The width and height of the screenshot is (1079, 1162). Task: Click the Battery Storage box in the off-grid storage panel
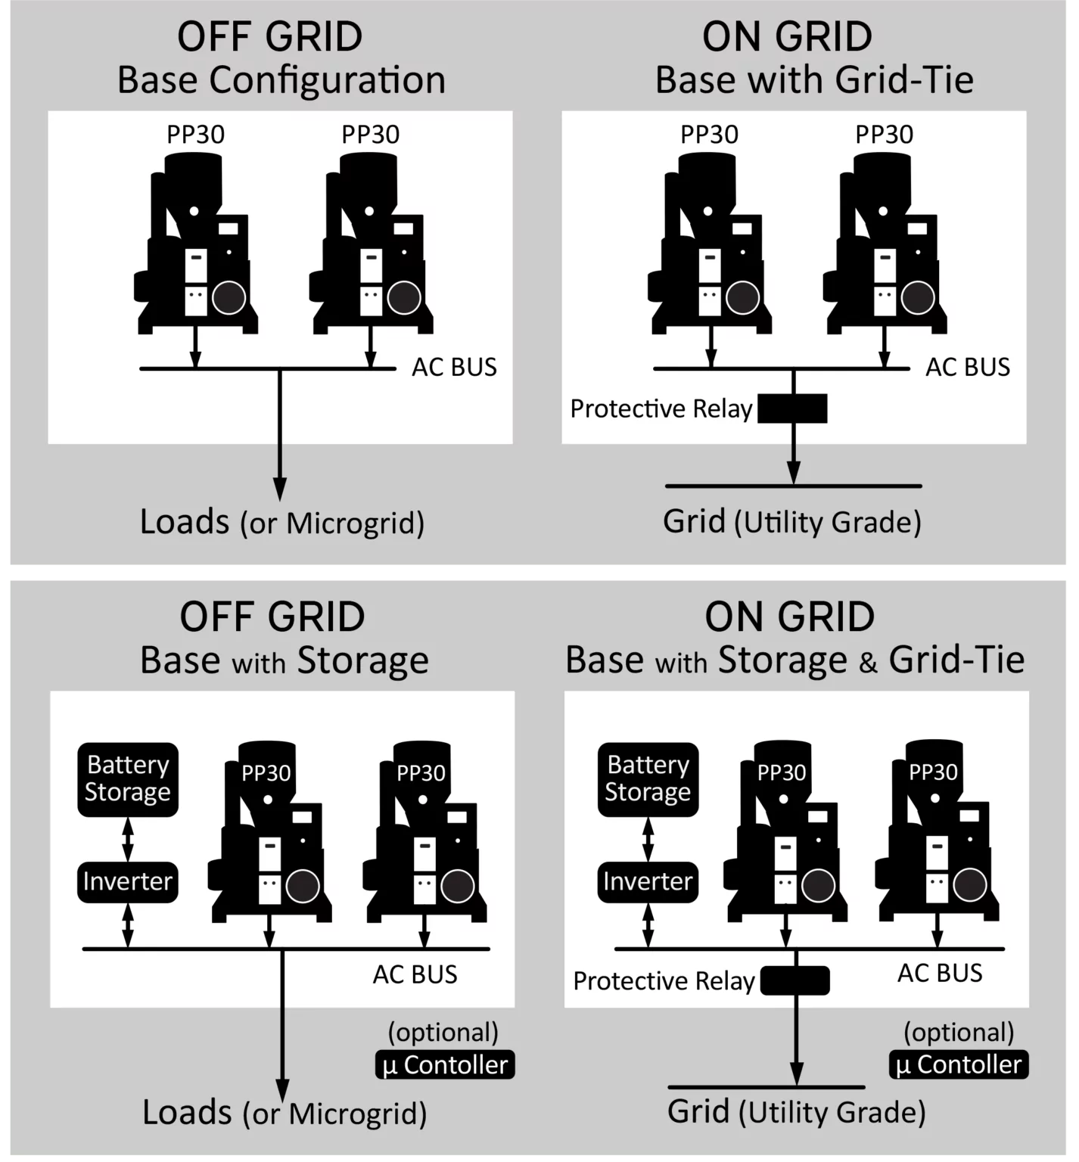click(128, 779)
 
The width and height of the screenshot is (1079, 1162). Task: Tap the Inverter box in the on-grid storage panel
click(648, 882)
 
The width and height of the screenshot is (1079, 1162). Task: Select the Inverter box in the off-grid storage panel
click(128, 882)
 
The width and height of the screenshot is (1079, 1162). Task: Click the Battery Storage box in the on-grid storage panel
click(648, 779)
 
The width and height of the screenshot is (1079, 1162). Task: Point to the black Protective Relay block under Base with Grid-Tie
click(792, 409)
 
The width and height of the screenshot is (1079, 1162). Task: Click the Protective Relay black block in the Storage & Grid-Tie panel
click(795, 981)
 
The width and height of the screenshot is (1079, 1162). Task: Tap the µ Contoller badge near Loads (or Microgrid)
click(445, 1064)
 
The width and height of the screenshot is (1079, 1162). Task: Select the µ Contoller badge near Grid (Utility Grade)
click(959, 1064)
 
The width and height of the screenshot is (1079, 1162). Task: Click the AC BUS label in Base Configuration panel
click(454, 367)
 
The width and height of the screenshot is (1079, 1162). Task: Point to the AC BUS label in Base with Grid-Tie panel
click(968, 367)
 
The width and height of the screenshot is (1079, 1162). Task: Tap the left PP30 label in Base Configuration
click(195, 135)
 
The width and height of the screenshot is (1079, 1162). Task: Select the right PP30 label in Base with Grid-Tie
click(884, 135)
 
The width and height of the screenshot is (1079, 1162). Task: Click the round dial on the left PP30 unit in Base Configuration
click(229, 297)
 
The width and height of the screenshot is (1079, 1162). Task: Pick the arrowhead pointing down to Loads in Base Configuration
click(280, 489)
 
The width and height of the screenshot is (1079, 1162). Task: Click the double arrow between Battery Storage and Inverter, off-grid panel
click(128, 840)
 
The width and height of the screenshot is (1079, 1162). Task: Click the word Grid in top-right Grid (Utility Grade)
click(694, 521)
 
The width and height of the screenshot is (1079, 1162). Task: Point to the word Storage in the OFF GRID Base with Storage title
click(363, 661)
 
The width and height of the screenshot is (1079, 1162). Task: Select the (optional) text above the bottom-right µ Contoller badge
click(959, 1033)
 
